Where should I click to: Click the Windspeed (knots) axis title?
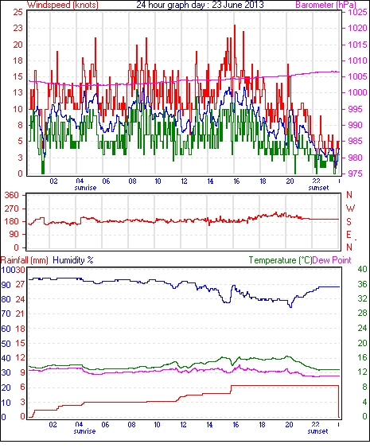pyautogui.click(x=63, y=5)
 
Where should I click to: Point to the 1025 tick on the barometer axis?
pyautogui.click(x=357, y=12)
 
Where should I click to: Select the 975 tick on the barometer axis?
pyautogui.click(x=356, y=173)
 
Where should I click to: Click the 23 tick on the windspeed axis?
pyautogui.click(x=18, y=29)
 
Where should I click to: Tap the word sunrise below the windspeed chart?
pyautogui.click(x=85, y=188)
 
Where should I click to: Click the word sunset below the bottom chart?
pyautogui.click(x=317, y=430)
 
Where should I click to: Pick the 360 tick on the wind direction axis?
pyautogui.click(x=11, y=196)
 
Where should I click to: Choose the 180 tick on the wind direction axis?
pyautogui.click(x=11, y=221)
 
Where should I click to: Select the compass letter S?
pyautogui.click(x=349, y=221)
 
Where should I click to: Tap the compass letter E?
pyautogui.click(x=349, y=235)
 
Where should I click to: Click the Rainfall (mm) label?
pyautogui.click(x=25, y=260)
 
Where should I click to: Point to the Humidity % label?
pyautogui.click(x=73, y=260)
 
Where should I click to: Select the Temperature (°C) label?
pyautogui.click(x=280, y=260)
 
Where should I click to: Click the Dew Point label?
pyautogui.click(x=332, y=260)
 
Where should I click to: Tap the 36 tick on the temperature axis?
pyautogui.click(x=362, y=284)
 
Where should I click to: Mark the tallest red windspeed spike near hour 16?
pyautogui.click(x=235, y=25)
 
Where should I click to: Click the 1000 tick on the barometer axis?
pyautogui.click(x=357, y=92)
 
